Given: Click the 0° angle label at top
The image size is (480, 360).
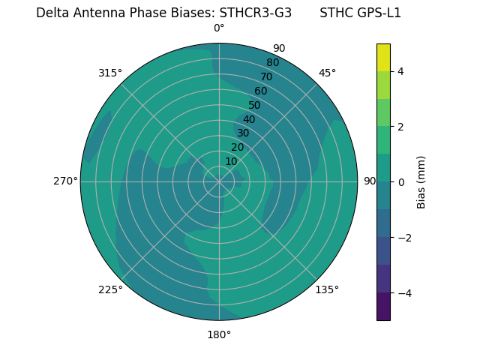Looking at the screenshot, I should (x=219, y=28).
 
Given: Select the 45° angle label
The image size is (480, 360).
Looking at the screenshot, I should (x=327, y=73).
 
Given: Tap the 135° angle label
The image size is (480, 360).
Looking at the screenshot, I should (x=327, y=289).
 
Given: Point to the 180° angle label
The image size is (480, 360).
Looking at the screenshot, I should (x=219, y=334).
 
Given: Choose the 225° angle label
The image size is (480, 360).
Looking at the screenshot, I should (x=110, y=289).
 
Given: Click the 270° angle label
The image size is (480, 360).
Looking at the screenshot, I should (x=65, y=181).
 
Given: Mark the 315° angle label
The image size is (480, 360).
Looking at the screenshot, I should (x=110, y=73).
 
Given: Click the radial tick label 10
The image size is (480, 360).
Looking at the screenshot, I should (x=232, y=161).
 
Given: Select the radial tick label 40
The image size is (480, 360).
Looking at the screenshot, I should (x=249, y=119).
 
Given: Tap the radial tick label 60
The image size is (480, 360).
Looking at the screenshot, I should (x=260, y=91).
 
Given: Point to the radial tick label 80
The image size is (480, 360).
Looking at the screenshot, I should (x=272, y=62).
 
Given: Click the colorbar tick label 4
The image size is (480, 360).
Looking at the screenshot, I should (x=400, y=71).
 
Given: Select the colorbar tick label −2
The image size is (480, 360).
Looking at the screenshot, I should (x=403, y=238).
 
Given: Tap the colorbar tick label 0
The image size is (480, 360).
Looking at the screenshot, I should (x=400, y=182).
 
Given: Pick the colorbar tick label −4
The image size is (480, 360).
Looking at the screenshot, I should (x=403, y=293).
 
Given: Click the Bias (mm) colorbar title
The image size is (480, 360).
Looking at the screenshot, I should (x=421, y=182).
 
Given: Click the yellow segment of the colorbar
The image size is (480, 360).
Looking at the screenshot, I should (x=383, y=57).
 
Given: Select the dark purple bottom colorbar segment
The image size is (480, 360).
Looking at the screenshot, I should (x=383, y=307).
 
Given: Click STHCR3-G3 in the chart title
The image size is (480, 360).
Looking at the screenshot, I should (x=256, y=13).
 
